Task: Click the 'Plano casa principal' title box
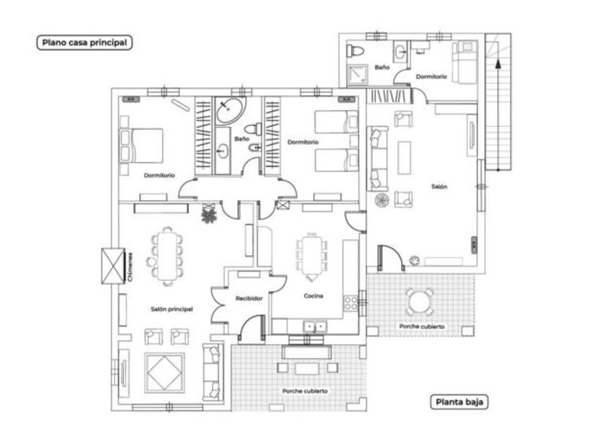(84, 42)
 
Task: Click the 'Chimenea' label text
(130, 266)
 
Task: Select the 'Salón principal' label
(171, 309)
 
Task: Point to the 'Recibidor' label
(249, 298)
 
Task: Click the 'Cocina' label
(313, 296)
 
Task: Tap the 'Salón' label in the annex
(439, 186)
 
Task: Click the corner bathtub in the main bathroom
(228, 111)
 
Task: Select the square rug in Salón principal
(165, 371)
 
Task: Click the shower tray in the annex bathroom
(354, 74)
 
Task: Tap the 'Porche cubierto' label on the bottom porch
(304, 391)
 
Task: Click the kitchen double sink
(314, 326)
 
